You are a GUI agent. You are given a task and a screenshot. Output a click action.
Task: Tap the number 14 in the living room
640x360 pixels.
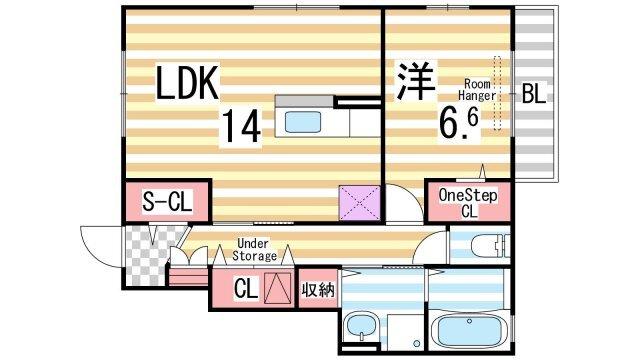[240, 126]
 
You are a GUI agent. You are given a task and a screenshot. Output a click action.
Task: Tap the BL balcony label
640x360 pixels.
[533, 95]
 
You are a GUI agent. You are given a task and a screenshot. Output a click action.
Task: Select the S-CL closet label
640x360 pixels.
[167, 202]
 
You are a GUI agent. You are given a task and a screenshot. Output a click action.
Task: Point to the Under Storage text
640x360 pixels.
[254, 249]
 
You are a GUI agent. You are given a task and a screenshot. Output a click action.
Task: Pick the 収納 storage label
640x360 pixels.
[316, 289]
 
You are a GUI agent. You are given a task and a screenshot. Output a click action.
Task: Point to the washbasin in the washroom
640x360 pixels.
[359, 328]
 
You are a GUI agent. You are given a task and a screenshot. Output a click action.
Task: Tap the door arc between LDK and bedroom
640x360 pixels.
[399, 206]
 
